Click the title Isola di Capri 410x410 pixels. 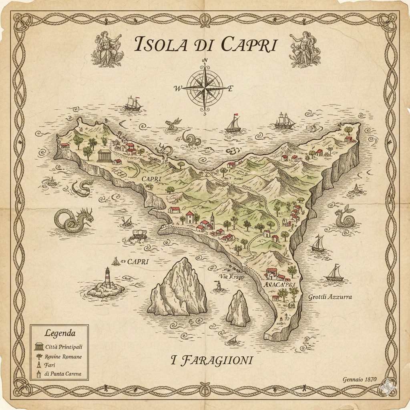[205, 44]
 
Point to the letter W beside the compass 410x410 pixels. [178, 89]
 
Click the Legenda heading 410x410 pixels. [60, 333]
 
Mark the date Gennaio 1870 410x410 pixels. [360, 380]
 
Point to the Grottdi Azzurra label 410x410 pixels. [330, 297]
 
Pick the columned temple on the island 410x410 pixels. [105, 154]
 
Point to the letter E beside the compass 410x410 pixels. [230, 89]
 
